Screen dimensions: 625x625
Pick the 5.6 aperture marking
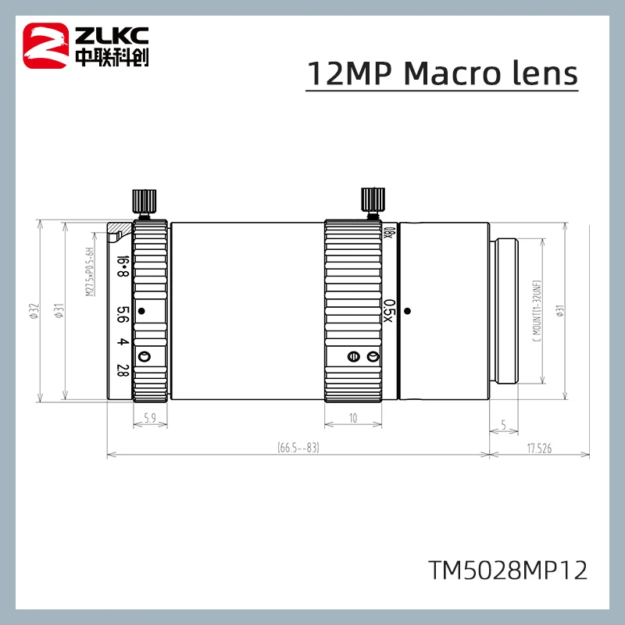(122, 312)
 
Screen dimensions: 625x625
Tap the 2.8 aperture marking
(122, 369)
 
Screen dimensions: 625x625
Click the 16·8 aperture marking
(122, 266)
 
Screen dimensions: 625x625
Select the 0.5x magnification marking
(390, 308)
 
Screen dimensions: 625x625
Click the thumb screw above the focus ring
(372, 201)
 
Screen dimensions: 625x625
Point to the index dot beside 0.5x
(408, 311)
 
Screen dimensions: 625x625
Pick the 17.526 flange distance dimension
(540, 448)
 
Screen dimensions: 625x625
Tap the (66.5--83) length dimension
(298, 448)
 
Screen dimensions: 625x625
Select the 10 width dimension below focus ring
(353, 420)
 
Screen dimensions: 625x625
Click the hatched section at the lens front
(117, 231)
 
